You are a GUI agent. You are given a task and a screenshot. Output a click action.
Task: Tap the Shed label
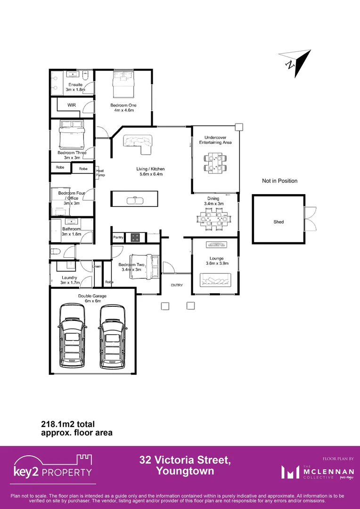pos(278,222)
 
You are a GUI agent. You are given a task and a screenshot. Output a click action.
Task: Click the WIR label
pos(72,105)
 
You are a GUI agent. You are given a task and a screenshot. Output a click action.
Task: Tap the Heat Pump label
pos(100,172)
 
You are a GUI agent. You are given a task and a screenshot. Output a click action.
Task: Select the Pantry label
pos(118,238)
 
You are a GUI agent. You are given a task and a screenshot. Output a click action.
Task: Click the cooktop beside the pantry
pos(135,238)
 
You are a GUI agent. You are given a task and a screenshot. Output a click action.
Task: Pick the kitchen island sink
pos(134,200)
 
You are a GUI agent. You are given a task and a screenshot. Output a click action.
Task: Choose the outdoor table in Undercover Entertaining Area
pos(215,162)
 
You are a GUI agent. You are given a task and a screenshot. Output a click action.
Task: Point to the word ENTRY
pos(177,285)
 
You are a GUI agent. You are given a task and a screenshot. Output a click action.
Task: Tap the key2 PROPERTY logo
pos(53,467)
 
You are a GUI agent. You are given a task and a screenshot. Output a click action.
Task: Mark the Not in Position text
pos(279,181)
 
